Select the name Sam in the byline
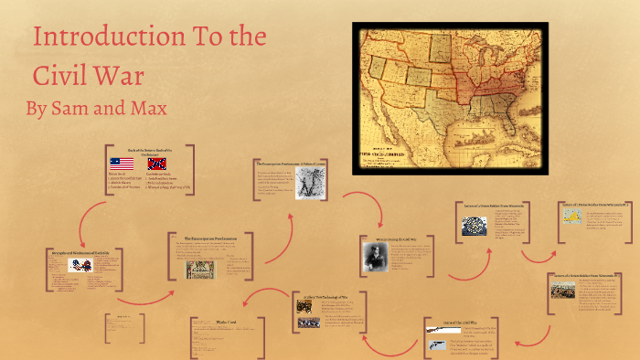(x=72, y=110)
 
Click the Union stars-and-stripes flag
(x=122, y=163)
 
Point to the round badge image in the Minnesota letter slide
(x=474, y=224)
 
